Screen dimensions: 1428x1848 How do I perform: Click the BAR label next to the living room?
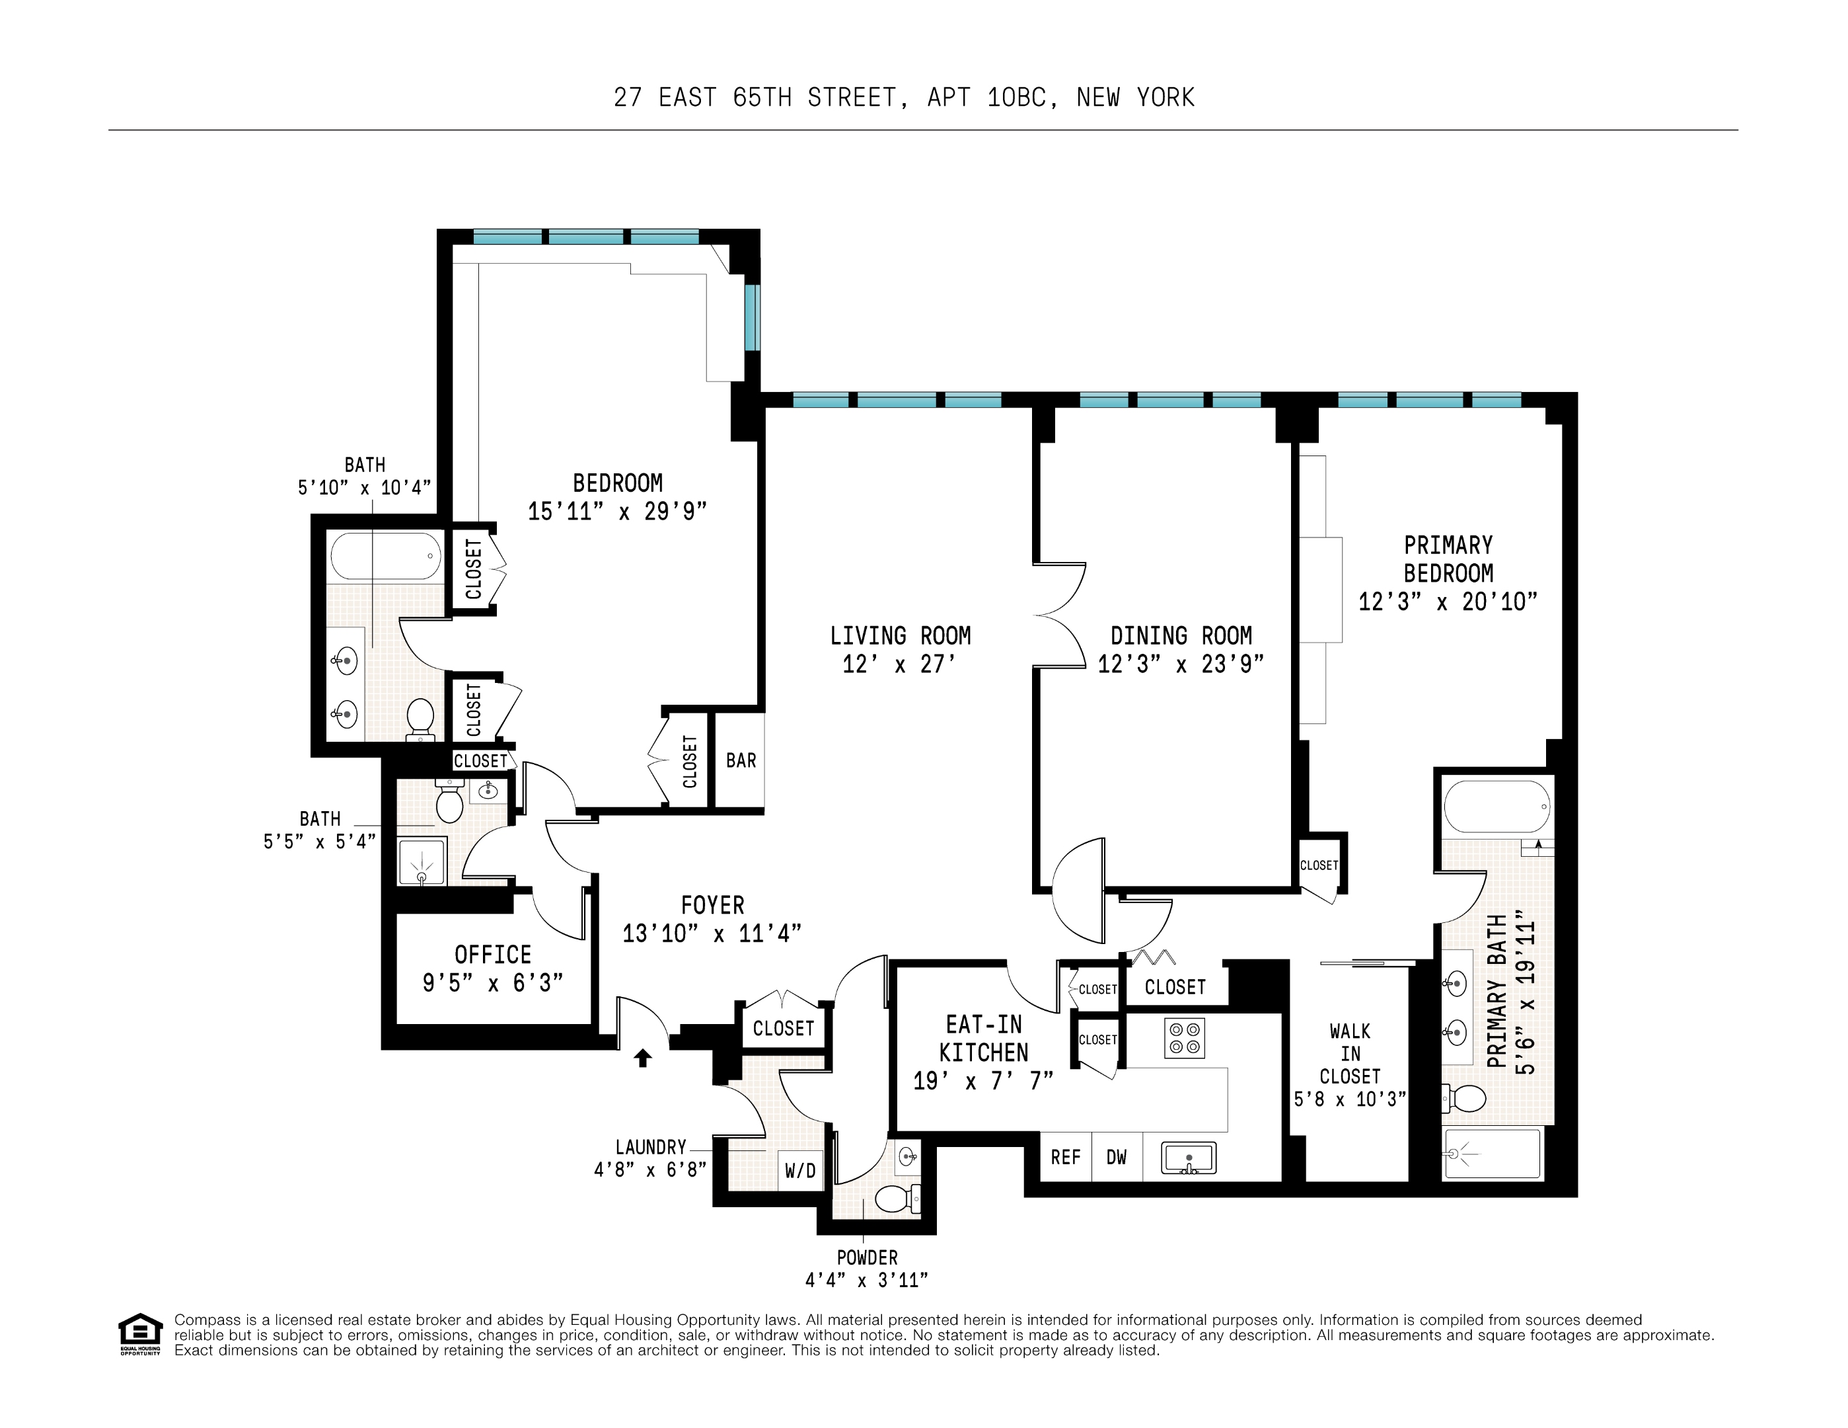click(x=741, y=760)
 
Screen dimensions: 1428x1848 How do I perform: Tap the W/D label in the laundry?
click(x=799, y=1171)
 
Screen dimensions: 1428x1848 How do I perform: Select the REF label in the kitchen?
click(x=1065, y=1157)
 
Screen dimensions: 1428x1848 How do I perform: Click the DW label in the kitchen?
click(x=1116, y=1157)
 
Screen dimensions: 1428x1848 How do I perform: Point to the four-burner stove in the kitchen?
click(x=1185, y=1038)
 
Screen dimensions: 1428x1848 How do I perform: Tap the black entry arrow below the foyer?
click(x=643, y=1057)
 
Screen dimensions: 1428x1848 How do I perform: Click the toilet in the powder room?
click(x=896, y=1198)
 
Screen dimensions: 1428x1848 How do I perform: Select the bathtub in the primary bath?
click(x=1497, y=807)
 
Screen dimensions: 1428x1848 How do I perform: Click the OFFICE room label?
click(x=492, y=955)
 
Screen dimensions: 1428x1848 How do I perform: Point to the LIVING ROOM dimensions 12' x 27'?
click(x=899, y=664)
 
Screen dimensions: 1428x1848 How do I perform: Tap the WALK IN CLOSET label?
click(x=1350, y=1054)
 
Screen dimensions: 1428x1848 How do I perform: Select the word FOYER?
click(x=712, y=906)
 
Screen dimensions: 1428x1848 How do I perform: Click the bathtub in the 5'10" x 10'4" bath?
click(x=386, y=556)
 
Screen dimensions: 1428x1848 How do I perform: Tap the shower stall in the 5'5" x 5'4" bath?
click(x=422, y=861)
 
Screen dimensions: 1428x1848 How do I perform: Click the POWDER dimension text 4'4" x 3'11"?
click(x=866, y=1280)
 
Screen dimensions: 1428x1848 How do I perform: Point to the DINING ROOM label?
click(x=1181, y=636)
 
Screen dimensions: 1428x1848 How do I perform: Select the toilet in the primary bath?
click(x=1467, y=1099)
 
